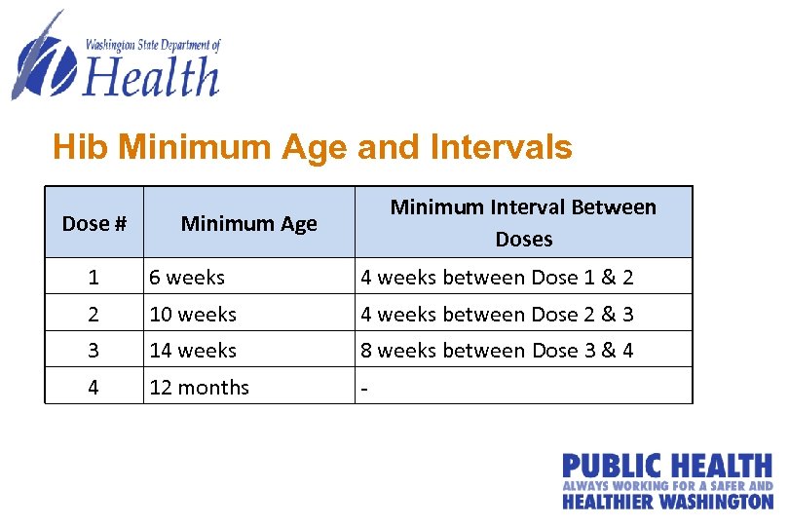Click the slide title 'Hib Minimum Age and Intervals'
click(312, 147)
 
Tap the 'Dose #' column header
click(94, 223)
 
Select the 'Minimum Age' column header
click(248, 223)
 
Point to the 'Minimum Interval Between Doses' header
click(523, 222)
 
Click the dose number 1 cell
click(94, 278)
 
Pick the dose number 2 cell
click(94, 314)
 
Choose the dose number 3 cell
click(94, 350)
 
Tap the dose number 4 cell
click(94, 387)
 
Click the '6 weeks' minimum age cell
click(187, 278)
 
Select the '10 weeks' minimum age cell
click(193, 314)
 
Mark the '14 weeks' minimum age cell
click(193, 350)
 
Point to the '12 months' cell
click(199, 387)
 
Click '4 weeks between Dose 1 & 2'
click(497, 278)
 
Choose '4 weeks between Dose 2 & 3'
click(497, 314)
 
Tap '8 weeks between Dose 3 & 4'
click(497, 350)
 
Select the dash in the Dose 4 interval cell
click(364, 388)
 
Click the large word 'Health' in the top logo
click(151, 76)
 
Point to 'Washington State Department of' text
click(153, 45)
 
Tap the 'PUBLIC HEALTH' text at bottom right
click(666, 467)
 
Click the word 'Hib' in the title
click(76, 147)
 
